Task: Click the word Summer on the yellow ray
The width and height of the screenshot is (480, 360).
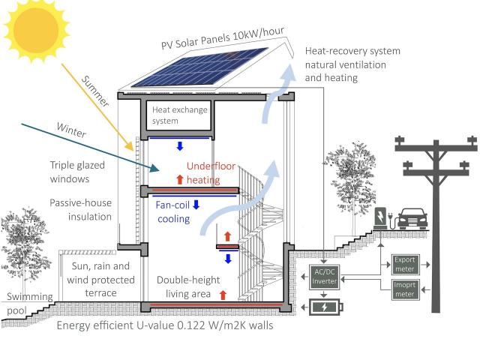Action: click(x=95, y=91)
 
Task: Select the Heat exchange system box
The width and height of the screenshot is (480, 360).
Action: click(x=180, y=115)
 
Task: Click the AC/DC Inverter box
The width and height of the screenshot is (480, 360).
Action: click(x=324, y=277)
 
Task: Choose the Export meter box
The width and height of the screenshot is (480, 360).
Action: click(x=405, y=264)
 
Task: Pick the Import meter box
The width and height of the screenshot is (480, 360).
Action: click(x=405, y=289)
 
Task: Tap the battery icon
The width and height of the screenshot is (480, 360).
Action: click(x=325, y=307)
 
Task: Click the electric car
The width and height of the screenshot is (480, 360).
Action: click(x=412, y=218)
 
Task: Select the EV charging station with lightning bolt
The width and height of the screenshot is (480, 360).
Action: click(x=380, y=218)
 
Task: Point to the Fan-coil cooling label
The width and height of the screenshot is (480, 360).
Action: click(x=173, y=211)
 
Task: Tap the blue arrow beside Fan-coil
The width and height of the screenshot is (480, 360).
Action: click(x=196, y=205)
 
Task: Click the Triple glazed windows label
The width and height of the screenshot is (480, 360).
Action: click(x=77, y=172)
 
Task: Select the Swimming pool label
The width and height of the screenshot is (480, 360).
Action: click(x=30, y=303)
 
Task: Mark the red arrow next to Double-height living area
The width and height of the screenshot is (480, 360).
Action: click(x=223, y=295)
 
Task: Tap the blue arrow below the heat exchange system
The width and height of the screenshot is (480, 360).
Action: click(x=180, y=146)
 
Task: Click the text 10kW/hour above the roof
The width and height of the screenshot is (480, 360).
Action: click(x=259, y=33)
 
